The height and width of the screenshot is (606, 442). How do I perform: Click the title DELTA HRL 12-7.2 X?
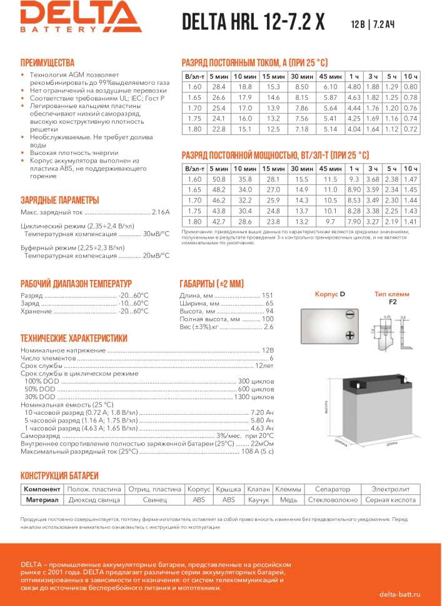pyautogui.click(x=253, y=22)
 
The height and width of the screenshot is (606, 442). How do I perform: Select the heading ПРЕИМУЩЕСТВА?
pyautogui.click(x=48, y=62)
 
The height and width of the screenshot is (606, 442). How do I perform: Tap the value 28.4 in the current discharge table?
pyautogui.click(x=219, y=86)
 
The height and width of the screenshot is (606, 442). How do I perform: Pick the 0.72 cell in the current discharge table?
pyautogui.click(x=410, y=129)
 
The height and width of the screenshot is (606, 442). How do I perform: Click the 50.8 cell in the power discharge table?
pyautogui.click(x=219, y=179)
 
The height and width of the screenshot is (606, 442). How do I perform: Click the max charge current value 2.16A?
pyautogui.click(x=161, y=212)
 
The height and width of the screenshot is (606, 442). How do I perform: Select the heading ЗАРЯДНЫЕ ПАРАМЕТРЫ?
pyautogui.click(x=60, y=200)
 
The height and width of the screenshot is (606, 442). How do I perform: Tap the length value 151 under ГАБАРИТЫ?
pyautogui.click(x=268, y=295)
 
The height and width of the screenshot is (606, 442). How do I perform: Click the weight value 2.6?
pyautogui.click(x=269, y=327)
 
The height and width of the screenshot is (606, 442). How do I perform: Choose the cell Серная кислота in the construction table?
pyautogui.click(x=391, y=500)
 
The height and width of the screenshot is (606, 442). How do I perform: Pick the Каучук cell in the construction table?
pyautogui.click(x=258, y=500)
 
